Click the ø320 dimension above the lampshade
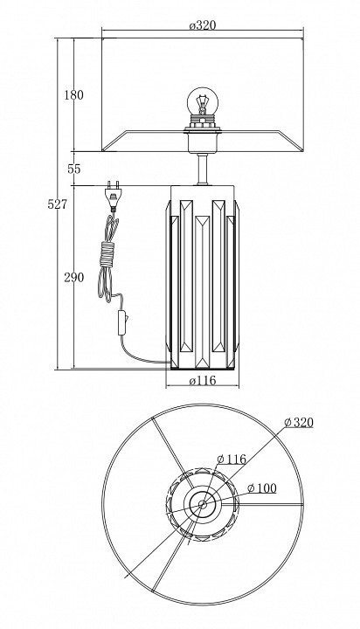[202, 25]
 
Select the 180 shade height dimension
[74, 95]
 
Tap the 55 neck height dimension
[74, 169]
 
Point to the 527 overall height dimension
[57, 204]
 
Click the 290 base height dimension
[74, 277]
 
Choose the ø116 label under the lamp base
[202, 380]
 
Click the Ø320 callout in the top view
[298, 423]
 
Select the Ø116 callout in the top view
[232, 459]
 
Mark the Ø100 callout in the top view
[262, 488]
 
